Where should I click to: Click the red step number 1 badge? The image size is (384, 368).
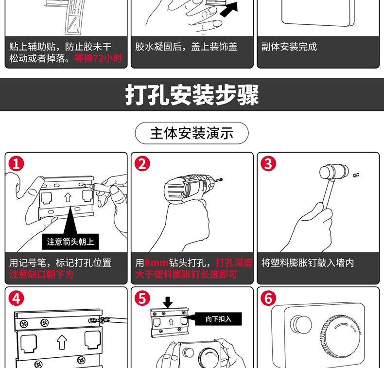(16, 164)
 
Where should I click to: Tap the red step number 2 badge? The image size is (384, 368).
(142, 164)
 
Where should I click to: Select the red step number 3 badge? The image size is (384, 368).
(268, 164)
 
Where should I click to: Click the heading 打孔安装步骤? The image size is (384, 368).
(192, 95)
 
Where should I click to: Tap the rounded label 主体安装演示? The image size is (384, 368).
(192, 133)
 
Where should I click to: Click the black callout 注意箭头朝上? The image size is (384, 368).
(70, 242)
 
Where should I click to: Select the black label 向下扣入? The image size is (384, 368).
(218, 319)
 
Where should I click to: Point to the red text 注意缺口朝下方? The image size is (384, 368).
(42, 275)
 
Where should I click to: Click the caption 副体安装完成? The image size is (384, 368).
(289, 47)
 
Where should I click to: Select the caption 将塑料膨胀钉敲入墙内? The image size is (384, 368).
(308, 263)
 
